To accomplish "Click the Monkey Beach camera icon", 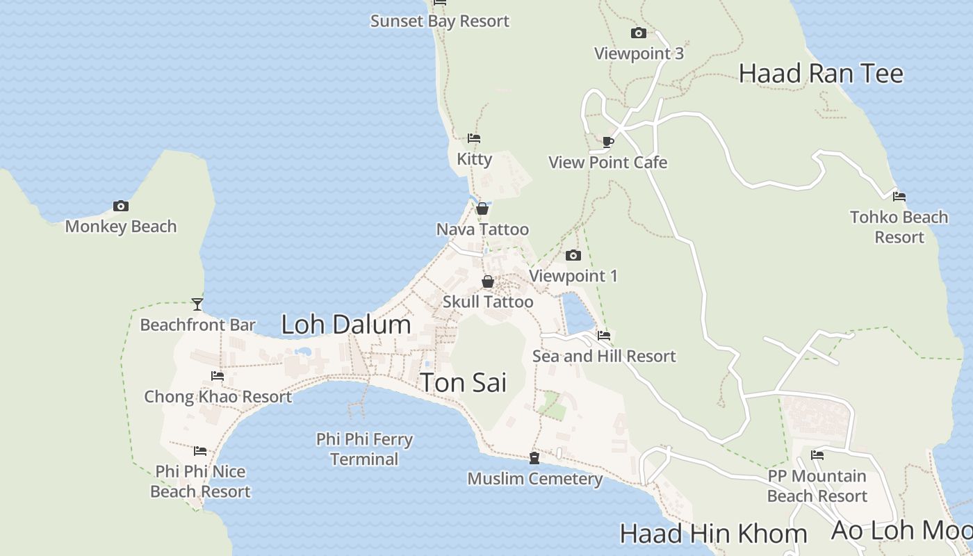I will [x=121, y=206].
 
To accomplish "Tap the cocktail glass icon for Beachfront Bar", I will [x=197, y=304].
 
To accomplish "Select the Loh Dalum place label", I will [x=346, y=325].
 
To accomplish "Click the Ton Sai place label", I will [x=464, y=383].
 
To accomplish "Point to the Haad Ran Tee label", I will [x=821, y=73].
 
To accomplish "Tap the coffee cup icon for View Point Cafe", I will [x=608, y=142].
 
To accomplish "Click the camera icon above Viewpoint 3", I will [x=639, y=33].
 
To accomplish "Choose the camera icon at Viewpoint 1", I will [x=573, y=255].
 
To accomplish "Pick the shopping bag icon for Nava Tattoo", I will [x=482, y=208].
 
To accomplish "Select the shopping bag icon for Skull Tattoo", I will [x=488, y=281].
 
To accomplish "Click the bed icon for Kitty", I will [x=474, y=138].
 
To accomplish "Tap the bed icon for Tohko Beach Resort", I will [x=899, y=196].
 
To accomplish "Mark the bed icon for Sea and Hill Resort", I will [x=604, y=335].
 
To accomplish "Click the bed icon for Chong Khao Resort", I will [x=218, y=376].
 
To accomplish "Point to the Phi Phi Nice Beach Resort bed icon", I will [x=200, y=450].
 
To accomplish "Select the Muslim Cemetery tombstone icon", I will [x=534, y=458].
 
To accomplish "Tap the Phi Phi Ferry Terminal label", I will [x=364, y=449].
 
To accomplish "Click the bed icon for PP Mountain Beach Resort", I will [x=817, y=455].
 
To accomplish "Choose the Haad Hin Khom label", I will [x=713, y=534].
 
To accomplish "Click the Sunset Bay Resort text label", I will [x=440, y=21].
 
